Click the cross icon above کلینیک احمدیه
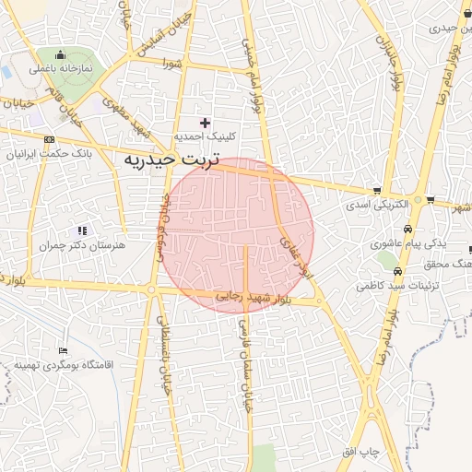[205, 123]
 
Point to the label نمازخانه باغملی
[61, 69]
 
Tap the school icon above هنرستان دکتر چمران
[82, 230]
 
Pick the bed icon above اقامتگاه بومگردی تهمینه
[63, 350]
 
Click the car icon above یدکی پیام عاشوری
[407, 230]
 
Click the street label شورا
[171, 64]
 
